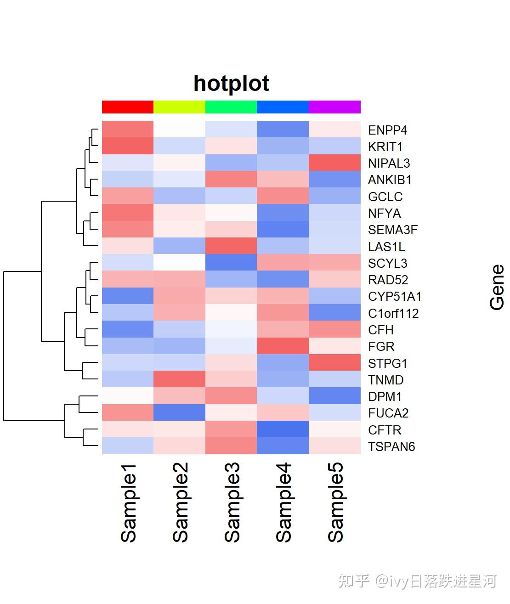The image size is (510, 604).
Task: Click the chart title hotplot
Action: tap(231, 84)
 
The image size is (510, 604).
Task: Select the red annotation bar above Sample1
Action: tap(128, 107)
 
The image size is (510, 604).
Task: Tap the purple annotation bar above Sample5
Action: tap(334, 107)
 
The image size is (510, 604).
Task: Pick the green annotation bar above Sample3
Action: tap(231, 107)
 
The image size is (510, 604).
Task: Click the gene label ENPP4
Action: tap(387, 130)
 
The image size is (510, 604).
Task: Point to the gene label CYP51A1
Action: tap(395, 297)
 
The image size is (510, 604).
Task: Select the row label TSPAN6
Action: tap(391, 446)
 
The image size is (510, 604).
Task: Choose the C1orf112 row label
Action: tap(393, 313)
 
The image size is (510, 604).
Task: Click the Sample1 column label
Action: tap(128, 503)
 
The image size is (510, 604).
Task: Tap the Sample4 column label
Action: tap(283, 503)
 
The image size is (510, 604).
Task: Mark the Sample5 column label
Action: tap(335, 503)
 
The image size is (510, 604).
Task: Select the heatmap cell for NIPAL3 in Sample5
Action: tap(334, 163)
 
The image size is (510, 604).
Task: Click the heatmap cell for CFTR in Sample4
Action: tap(283, 430)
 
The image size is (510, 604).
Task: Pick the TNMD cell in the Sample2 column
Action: tap(179, 380)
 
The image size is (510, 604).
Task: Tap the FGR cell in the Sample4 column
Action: tap(283, 346)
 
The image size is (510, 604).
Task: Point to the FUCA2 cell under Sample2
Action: tap(179, 413)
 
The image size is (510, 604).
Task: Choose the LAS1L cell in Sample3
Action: tap(231, 246)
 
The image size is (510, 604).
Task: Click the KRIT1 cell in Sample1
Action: tap(128, 147)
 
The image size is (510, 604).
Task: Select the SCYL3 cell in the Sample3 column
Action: tap(231, 263)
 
